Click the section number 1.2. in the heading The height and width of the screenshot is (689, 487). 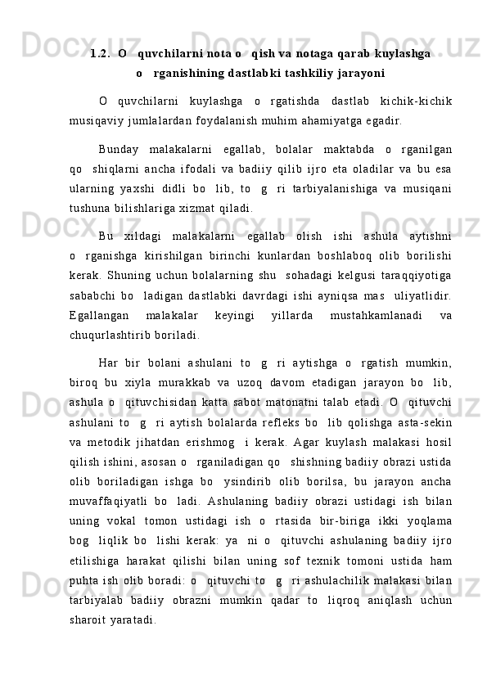point(101,54)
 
